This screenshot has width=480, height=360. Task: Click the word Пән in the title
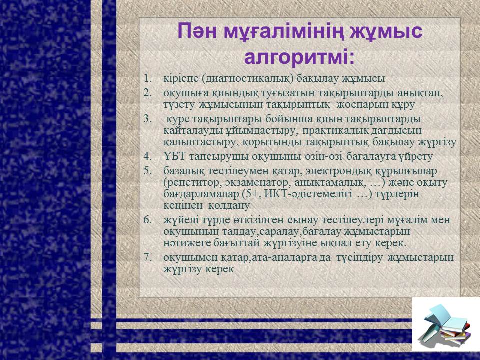198,31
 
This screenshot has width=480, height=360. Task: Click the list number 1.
148,78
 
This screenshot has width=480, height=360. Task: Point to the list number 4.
148,156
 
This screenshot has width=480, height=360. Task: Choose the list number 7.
148,257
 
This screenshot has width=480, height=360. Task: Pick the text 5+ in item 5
252,194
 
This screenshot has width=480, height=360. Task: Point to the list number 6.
148,220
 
